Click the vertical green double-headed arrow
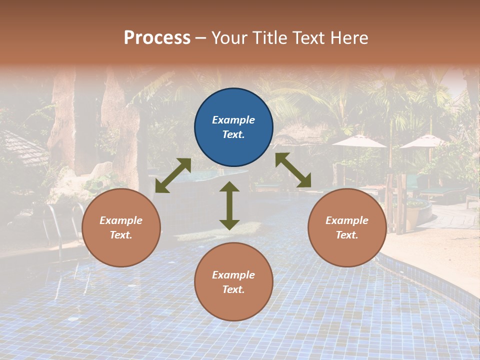(x=229, y=205)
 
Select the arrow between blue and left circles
(x=173, y=175)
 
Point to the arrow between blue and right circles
(x=293, y=170)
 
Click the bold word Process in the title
(x=157, y=37)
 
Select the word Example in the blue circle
(x=233, y=120)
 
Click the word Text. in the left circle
(x=121, y=235)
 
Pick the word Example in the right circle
(x=347, y=220)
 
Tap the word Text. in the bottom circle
(x=233, y=289)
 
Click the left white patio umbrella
(x=359, y=141)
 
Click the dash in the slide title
(x=201, y=37)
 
